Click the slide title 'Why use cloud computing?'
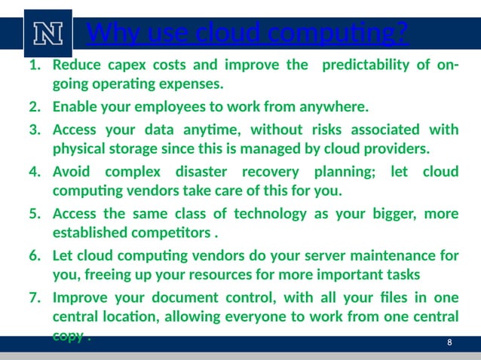point(248,33)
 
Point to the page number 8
point(449,343)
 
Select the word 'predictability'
point(365,65)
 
